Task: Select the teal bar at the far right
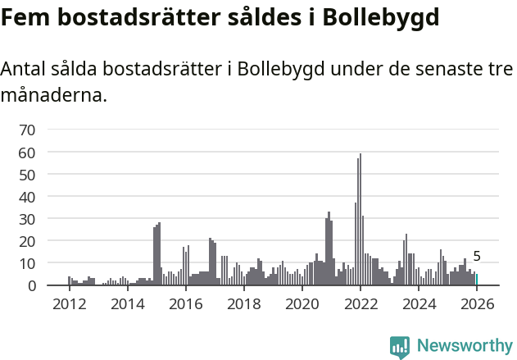coord(477,280)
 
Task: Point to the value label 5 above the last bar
coord(477,257)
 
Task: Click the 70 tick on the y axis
coord(27,130)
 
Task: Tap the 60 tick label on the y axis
coord(27,153)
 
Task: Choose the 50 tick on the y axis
coord(27,175)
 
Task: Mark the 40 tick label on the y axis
coord(27,197)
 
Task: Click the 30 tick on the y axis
coord(27,219)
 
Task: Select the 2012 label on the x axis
coord(69,304)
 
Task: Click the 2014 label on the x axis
coord(127,304)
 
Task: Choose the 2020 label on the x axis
coord(302,304)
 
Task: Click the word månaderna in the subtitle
coord(53,95)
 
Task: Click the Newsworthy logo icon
coord(400,347)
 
